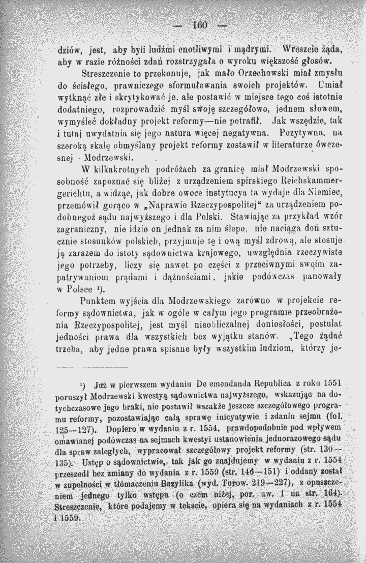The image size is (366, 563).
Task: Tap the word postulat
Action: (327, 324)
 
